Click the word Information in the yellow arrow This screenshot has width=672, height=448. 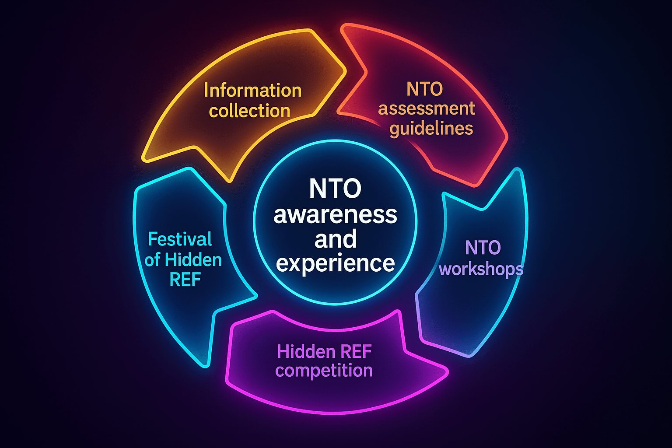(x=252, y=91)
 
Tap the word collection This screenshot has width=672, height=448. (x=249, y=111)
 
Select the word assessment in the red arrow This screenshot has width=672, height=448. (x=427, y=108)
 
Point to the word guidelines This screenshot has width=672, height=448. (x=431, y=129)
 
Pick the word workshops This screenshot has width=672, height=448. (x=481, y=269)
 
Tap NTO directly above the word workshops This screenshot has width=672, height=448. (x=483, y=248)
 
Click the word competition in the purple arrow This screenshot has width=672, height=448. (x=324, y=371)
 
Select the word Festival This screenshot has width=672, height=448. (x=180, y=239)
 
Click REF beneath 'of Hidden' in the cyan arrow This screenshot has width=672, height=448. (x=185, y=280)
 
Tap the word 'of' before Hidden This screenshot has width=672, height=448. (x=152, y=260)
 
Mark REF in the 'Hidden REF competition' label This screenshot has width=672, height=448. (x=356, y=351)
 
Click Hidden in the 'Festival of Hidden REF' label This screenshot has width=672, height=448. (x=193, y=260)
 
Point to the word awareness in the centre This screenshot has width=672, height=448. (x=335, y=214)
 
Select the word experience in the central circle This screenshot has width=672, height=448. (x=336, y=263)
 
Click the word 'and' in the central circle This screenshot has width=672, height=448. (x=336, y=239)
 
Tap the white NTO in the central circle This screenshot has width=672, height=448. (x=335, y=189)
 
